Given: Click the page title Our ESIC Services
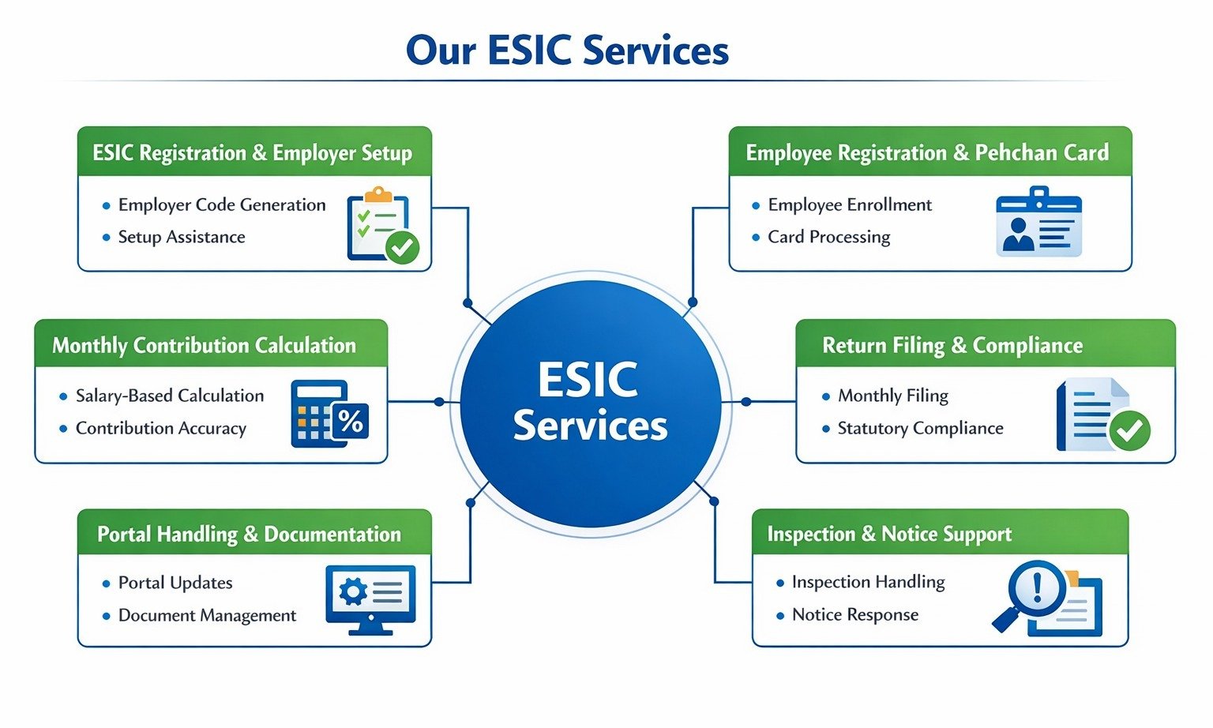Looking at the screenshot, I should pos(567,51).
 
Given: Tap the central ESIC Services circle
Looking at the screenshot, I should pos(591,403).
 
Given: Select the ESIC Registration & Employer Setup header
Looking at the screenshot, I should pos(253,152).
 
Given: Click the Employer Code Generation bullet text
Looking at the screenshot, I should pos(222,205).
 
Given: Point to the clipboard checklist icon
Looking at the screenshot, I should pos(382,225).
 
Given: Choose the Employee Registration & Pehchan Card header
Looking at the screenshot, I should pos(928,152).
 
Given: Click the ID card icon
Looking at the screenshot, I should pos(1038,223).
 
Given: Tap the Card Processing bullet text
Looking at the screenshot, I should pos(828,237).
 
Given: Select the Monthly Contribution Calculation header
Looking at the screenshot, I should pos(205,345).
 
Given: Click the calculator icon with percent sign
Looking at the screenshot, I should pos(329,414).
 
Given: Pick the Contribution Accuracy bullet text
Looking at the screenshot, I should pos(161,428).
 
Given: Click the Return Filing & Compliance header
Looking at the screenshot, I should pos(952,345).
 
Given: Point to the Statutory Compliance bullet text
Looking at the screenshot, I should pos(920,428).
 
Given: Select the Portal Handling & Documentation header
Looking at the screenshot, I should pos(249,535).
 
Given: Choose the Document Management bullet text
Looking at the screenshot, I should pos(207,615).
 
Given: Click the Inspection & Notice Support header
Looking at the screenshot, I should pos(889,535).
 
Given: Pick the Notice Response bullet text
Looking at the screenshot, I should pos(855,614).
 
